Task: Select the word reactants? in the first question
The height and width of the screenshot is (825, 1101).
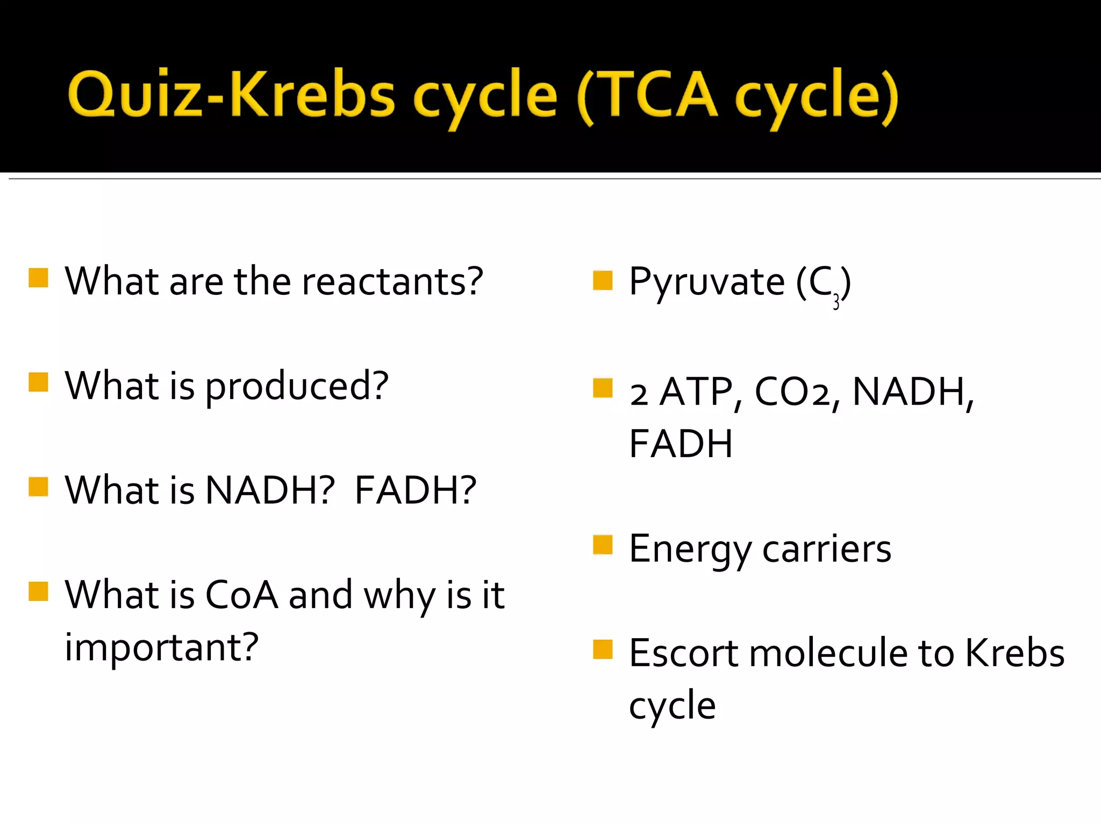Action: (x=392, y=281)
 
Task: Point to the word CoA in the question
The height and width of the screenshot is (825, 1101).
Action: (x=242, y=595)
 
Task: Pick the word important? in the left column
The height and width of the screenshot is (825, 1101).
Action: (x=161, y=648)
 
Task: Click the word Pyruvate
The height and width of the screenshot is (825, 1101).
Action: (x=706, y=281)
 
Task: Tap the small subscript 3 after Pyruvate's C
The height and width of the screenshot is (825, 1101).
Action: (x=836, y=303)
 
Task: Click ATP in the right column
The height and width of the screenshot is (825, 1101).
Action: (x=696, y=392)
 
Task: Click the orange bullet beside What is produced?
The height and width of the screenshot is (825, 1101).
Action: (x=39, y=382)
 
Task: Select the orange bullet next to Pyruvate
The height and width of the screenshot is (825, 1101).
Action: (x=603, y=280)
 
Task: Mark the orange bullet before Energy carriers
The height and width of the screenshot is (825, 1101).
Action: (x=603, y=545)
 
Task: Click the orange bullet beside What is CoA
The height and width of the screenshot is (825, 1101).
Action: (x=39, y=591)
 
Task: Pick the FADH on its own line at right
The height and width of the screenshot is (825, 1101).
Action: (x=681, y=444)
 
